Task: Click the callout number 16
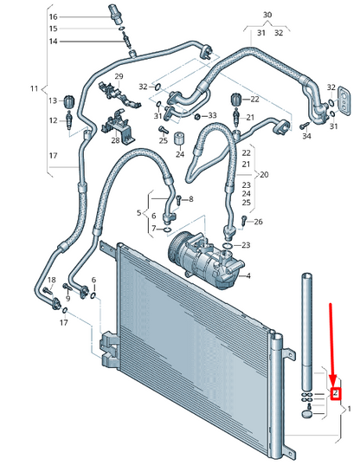coord(54,16)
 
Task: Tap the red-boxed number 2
coord(335,393)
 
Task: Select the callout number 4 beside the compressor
coord(248,275)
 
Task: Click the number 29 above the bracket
coord(119,76)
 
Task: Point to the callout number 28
coord(115,140)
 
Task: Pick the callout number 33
coord(212,115)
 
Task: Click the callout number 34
coord(306,136)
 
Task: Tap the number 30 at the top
coord(267,15)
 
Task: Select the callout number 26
coord(258,222)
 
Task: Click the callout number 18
coord(52,281)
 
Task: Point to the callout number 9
coord(67,299)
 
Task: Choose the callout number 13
coord(53,100)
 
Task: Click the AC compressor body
coord(204,260)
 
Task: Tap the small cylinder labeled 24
coord(179,139)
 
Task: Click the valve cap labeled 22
coord(235,100)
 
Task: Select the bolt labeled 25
coord(163,130)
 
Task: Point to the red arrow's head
coord(332,382)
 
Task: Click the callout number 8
coord(191,199)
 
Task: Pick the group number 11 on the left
coord(34,88)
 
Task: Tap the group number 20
coord(264,175)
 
